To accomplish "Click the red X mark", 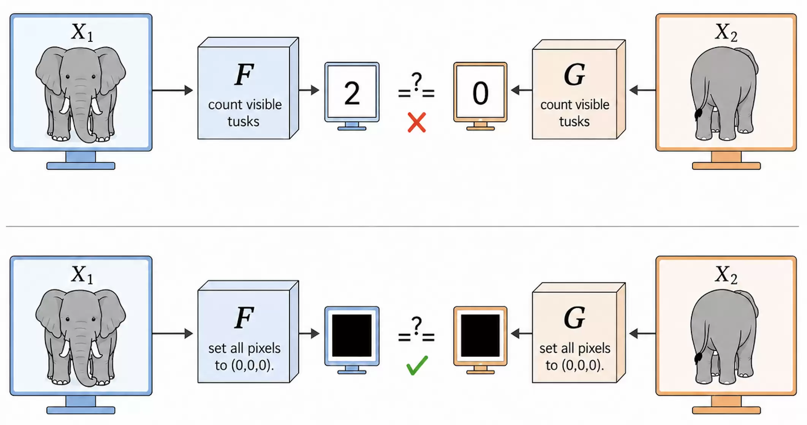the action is tap(417, 122).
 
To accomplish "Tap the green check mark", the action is tap(417, 365).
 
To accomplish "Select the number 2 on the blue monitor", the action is tap(352, 93).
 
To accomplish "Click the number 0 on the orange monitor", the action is tap(480, 93).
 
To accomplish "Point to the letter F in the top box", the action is tap(244, 75).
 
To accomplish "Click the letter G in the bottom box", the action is tap(574, 318).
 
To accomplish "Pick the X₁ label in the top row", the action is tap(82, 32).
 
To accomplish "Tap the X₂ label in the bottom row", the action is tap(726, 274).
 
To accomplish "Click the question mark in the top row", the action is tap(417, 81).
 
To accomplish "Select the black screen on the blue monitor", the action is tap(352, 335).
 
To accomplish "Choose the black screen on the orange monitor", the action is tap(480, 335).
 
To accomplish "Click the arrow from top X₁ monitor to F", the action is tap(173, 90).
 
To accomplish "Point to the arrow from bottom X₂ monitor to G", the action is tap(642, 334).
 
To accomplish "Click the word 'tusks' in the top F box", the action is tap(244, 122).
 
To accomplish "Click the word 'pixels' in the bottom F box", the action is tap(264, 349).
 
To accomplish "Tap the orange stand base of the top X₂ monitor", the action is tap(726, 166).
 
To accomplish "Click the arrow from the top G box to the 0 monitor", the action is tap(522, 90).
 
